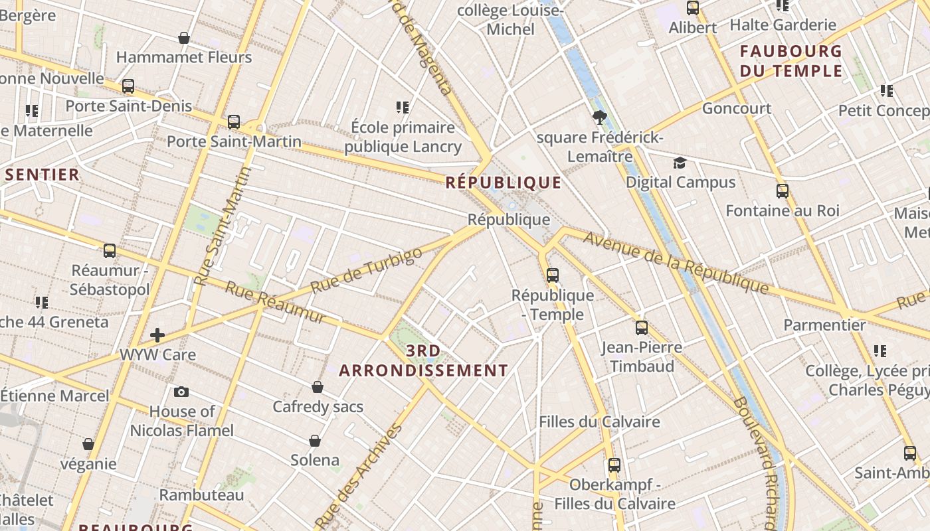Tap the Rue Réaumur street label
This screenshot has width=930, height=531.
tap(276, 302)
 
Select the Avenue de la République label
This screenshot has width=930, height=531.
tap(676, 262)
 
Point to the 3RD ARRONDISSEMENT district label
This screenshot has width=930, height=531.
tap(424, 360)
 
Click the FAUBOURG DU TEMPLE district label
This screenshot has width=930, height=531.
tap(791, 60)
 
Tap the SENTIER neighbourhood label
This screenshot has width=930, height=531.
tap(43, 175)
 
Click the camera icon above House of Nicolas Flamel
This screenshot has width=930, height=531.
tap(181, 392)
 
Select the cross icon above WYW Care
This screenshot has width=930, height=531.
tap(157, 335)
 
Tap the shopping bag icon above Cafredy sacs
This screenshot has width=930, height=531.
tap(318, 387)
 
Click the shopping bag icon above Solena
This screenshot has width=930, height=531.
tap(315, 441)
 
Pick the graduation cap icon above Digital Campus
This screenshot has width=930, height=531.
tap(680, 163)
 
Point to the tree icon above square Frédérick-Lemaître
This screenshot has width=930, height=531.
tap(600, 118)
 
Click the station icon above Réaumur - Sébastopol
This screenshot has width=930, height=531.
tap(110, 251)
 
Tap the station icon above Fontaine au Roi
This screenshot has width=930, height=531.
tap(783, 191)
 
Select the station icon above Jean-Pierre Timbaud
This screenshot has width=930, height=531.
tap(641, 327)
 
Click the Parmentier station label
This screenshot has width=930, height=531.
tap(824, 325)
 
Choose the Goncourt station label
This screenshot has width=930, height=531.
tap(737, 108)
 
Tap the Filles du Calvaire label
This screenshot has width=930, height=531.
tap(599, 421)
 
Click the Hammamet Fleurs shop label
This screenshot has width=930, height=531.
tap(184, 57)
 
